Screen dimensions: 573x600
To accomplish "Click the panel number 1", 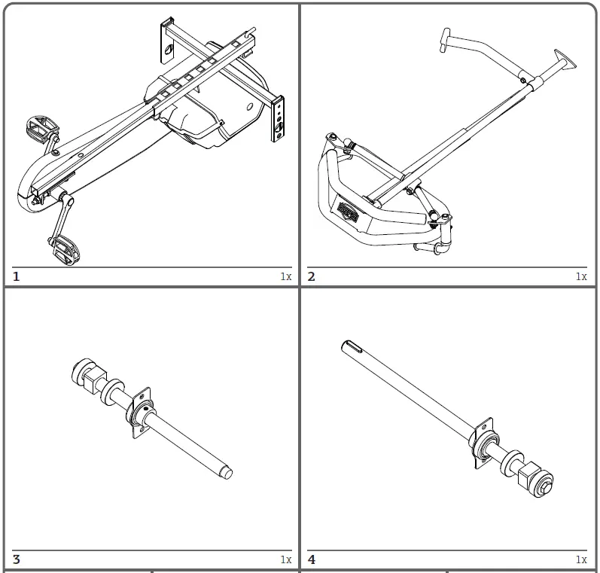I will (x=17, y=276).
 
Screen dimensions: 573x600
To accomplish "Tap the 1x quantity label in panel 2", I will (x=580, y=276).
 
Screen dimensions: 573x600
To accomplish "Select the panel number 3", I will (x=17, y=559).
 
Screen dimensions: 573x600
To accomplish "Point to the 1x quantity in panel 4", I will (x=580, y=559).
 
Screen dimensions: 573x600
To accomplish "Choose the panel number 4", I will (x=312, y=559).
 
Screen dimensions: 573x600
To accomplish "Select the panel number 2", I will (x=312, y=276).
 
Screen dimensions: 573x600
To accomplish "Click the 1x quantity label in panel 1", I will (x=285, y=276).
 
